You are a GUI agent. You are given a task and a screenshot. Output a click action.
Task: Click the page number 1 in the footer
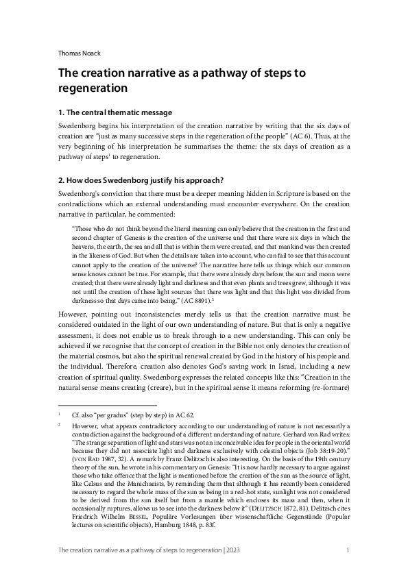(x=348, y=569)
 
